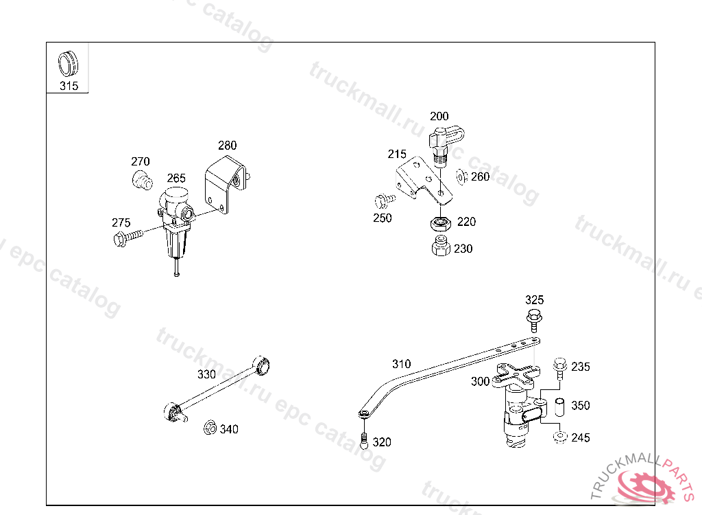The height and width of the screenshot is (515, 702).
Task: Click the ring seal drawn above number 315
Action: [68, 64]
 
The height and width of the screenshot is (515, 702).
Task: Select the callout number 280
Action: [228, 146]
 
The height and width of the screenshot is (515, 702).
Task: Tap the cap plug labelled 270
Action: [143, 180]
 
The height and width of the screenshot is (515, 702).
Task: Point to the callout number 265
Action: [176, 178]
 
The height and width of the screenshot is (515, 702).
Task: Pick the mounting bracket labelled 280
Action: [226, 184]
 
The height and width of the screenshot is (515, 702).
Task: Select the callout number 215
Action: [397, 154]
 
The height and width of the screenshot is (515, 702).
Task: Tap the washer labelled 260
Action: [461, 176]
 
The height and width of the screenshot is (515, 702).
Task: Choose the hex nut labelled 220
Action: [441, 222]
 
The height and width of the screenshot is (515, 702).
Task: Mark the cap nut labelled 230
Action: [441, 247]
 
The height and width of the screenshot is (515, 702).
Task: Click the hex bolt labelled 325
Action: [534, 320]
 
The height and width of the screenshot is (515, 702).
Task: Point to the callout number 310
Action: [402, 364]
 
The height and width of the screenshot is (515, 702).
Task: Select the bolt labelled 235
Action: [560, 369]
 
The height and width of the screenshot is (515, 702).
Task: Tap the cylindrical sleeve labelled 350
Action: [559, 407]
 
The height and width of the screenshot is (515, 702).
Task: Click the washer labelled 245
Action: [560, 437]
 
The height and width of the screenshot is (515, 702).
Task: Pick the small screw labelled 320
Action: [365, 441]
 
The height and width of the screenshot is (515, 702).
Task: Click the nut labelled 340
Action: [210, 428]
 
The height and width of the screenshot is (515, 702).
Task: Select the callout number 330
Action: [207, 374]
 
